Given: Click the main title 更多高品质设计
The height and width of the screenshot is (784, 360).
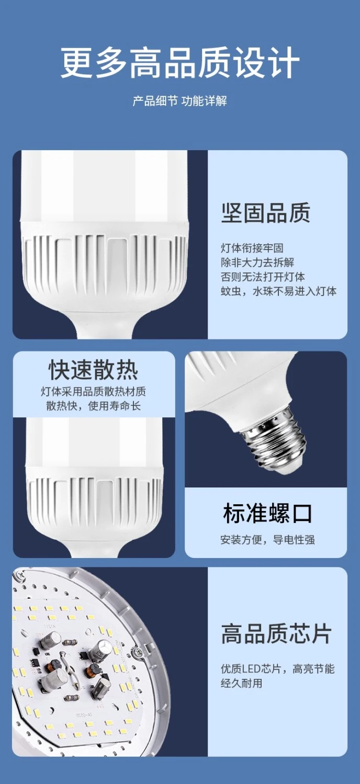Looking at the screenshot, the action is click(180, 63).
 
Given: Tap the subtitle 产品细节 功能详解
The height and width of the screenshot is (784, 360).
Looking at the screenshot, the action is click(179, 101).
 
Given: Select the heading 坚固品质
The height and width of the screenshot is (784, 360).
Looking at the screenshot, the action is click(266, 213).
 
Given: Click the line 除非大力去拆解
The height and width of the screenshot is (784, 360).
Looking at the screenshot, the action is click(257, 263).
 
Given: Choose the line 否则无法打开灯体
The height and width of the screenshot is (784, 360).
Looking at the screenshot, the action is click(263, 277).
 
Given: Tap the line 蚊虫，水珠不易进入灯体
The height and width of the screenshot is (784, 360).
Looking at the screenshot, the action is click(279, 291).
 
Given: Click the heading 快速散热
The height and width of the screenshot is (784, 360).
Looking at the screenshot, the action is click(94, 370).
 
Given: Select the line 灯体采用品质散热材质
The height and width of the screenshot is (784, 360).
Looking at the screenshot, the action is click(94, 391).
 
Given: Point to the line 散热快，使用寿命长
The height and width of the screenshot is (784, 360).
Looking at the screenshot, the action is click(94, 406).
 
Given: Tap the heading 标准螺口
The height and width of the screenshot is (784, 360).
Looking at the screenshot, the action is click(267, 513).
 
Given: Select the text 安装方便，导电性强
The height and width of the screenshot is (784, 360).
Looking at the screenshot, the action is click(267, 540).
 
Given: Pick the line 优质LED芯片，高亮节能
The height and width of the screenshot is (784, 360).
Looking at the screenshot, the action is click(278, 669).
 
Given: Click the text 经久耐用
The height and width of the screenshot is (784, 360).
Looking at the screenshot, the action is click(242, 683).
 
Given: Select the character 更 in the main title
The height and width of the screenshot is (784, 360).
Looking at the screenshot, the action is click(77, 63).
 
